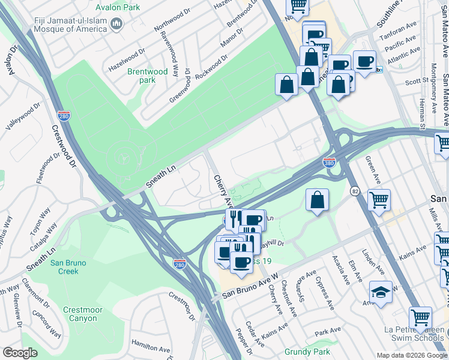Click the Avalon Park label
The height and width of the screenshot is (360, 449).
pos(118,8)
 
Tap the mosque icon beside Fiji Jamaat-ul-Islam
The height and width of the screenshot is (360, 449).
pos(116,24)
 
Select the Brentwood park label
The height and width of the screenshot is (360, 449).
pos(147,76)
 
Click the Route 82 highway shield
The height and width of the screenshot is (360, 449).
pos(354,190)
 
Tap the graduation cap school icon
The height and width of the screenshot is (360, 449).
pos(381,292)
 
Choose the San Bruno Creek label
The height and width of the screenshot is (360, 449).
pos(68,267)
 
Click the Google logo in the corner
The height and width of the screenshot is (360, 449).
pos(20,353)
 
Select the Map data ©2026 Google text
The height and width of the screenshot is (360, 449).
pos(411,355)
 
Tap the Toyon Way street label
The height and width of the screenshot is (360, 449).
pos(40,221)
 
